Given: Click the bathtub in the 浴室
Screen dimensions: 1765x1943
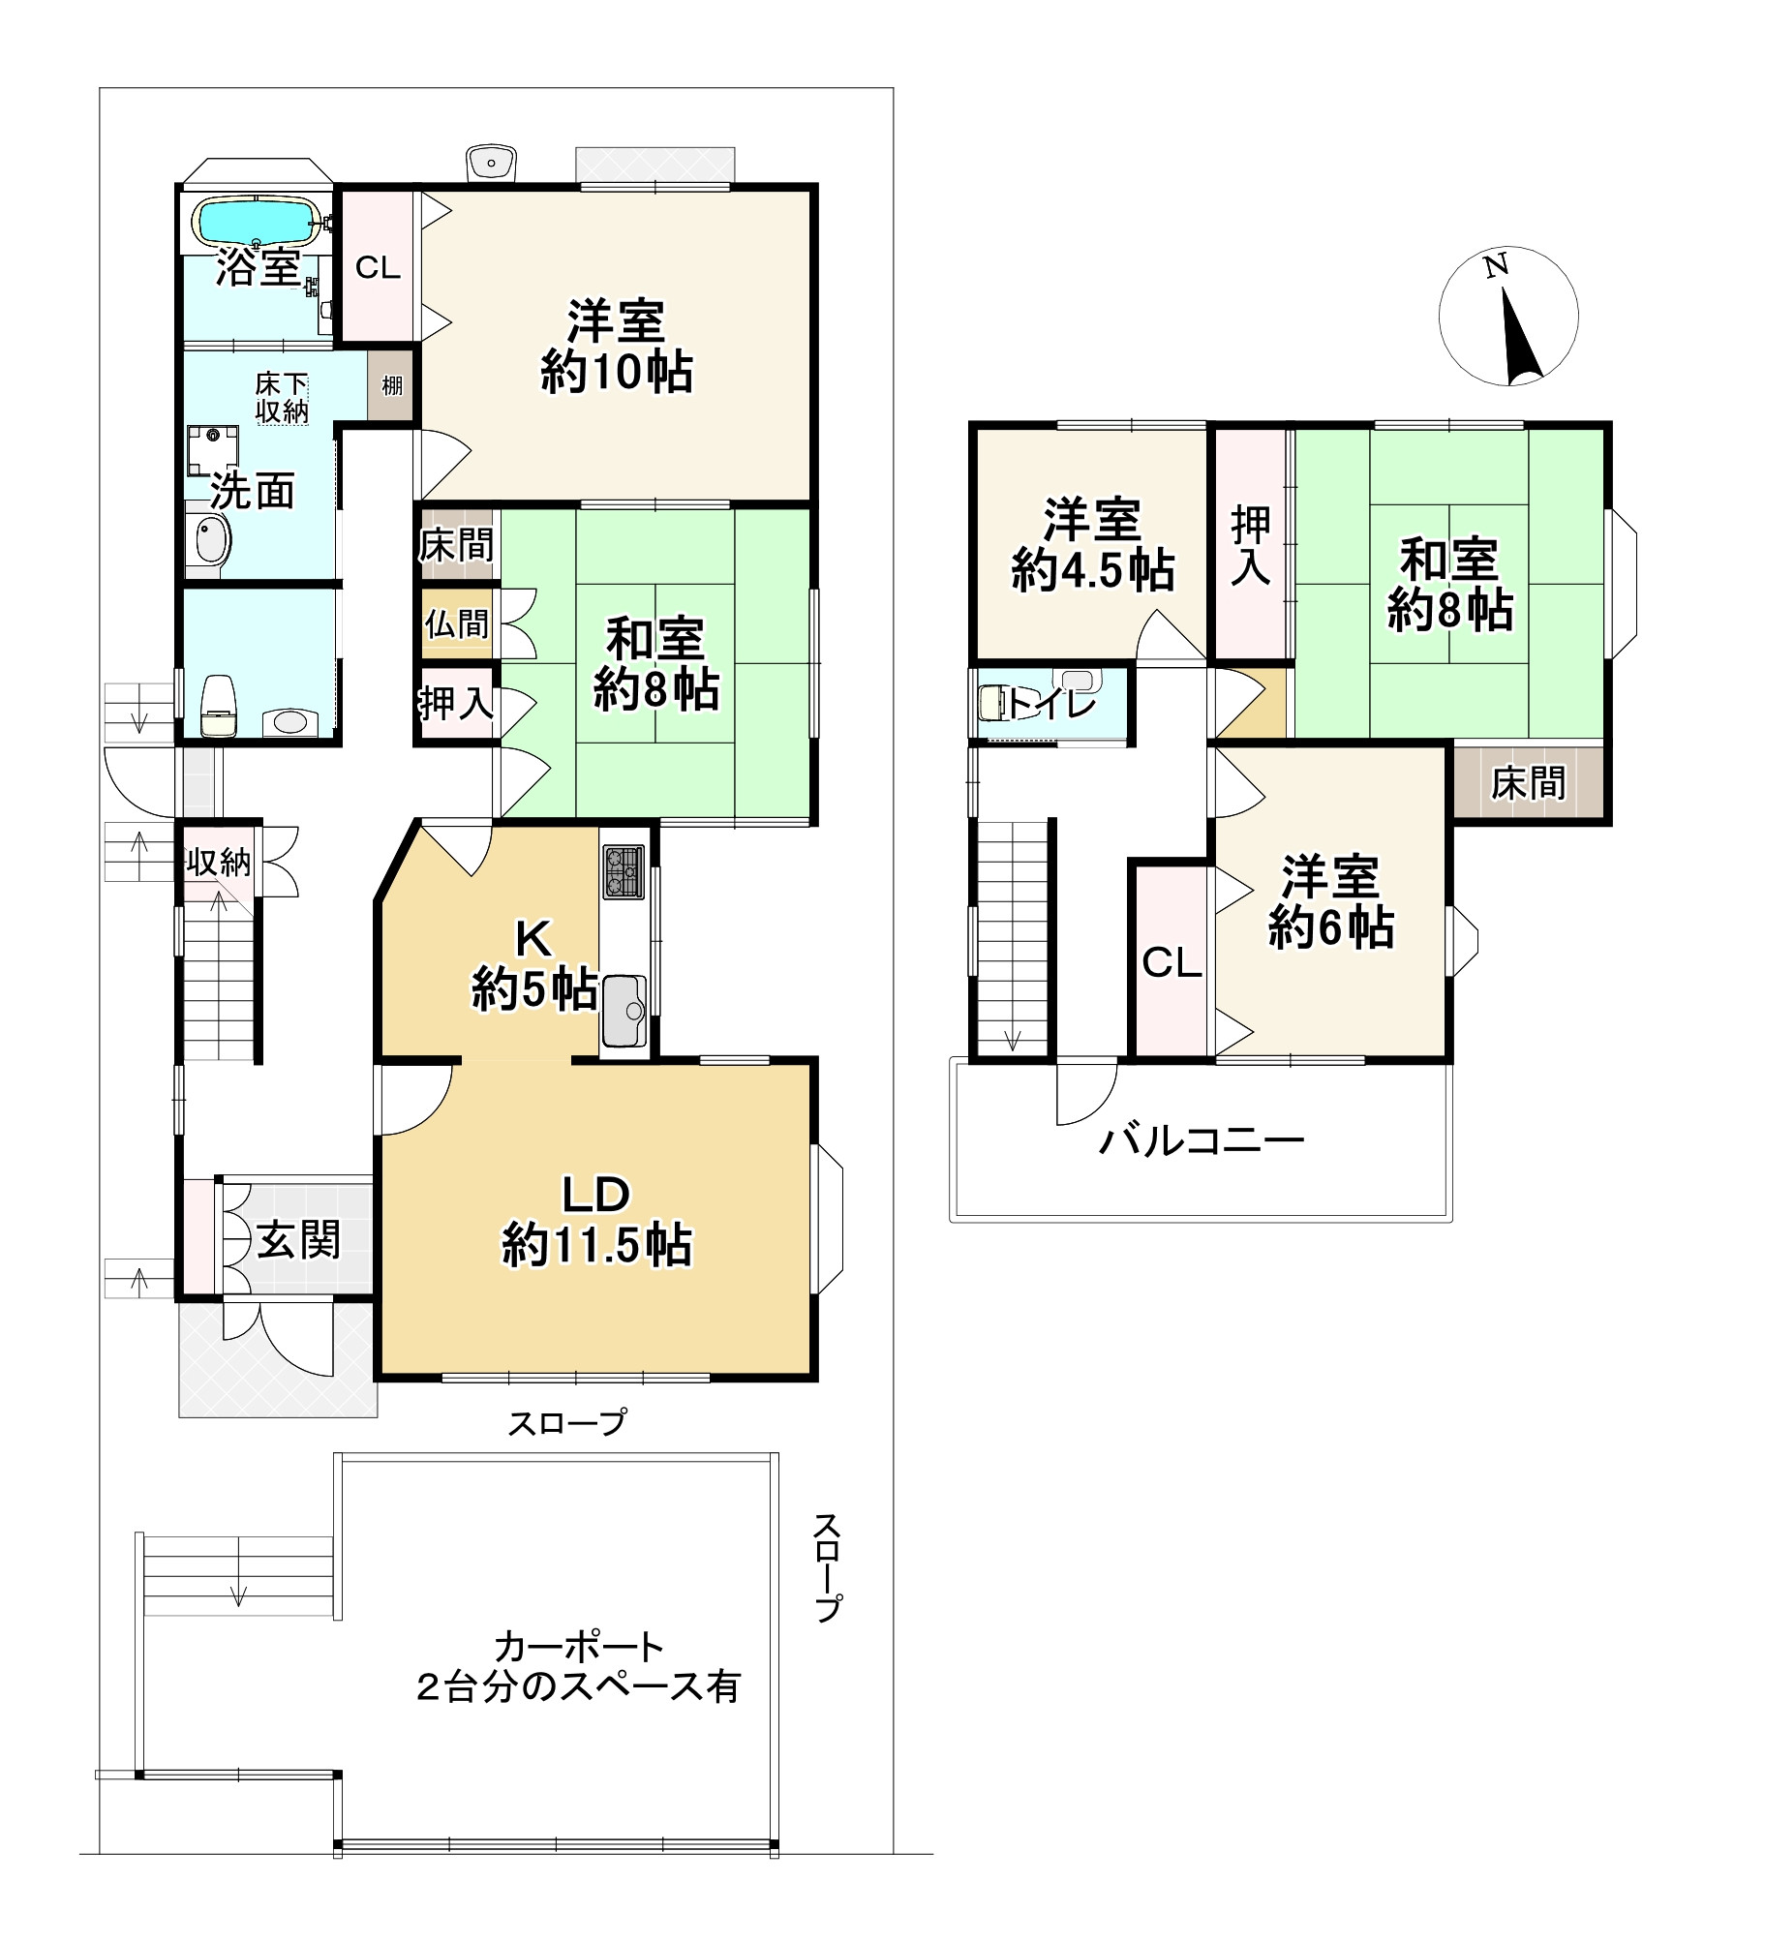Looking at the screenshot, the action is coord(258,222).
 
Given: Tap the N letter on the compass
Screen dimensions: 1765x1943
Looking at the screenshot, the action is coord(1497,264).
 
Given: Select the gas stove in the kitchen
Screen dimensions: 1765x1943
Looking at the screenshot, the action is coord(624,871).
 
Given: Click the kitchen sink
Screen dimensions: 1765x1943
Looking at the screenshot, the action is coord(624,1011).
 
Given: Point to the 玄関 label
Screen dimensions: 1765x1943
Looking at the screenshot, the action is coord(298,1240).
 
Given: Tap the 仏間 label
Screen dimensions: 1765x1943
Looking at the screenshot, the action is coord(457,623).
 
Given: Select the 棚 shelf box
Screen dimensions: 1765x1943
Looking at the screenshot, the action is coord(391,385).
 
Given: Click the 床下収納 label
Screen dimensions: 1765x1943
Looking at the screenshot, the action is coord(282,398).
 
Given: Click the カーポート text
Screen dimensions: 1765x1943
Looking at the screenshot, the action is coord(579,1647).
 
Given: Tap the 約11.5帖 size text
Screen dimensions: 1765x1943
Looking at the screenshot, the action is coord(596,1245).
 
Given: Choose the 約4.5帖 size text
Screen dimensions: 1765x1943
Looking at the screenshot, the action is coord(1093,570).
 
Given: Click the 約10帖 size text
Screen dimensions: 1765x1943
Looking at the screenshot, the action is coord(617,372).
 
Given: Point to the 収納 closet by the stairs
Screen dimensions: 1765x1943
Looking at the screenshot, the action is coord(220,861).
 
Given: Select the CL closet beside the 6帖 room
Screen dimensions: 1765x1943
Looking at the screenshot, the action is coord(1172,961).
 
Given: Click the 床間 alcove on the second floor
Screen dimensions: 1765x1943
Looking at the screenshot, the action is coord(1528,783).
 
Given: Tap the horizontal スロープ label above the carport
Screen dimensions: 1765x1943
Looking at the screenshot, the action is coord(568,1422).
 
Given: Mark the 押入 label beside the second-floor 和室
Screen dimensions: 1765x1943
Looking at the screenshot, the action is coord(1251,546).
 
